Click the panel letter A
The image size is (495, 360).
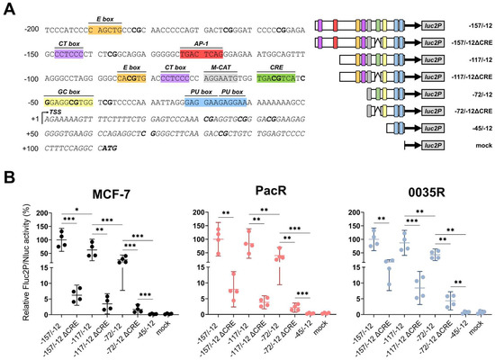pos(7,7)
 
